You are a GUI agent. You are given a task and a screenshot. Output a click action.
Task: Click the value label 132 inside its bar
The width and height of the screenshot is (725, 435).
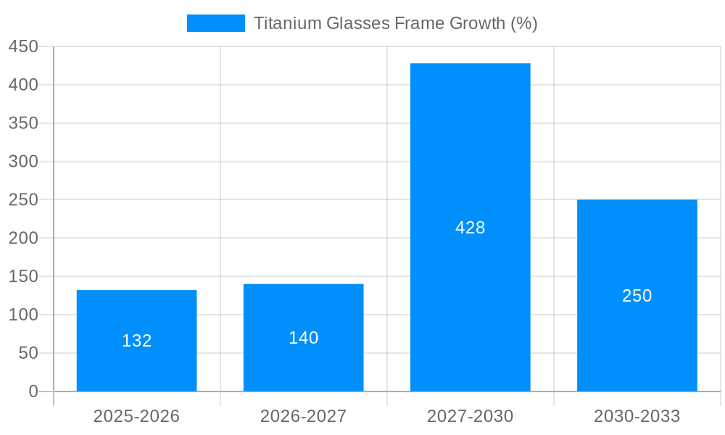136,341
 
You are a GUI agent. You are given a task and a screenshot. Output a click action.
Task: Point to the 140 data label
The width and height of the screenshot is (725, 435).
303,338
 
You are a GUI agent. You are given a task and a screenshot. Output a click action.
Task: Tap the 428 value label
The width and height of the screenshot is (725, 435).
470,228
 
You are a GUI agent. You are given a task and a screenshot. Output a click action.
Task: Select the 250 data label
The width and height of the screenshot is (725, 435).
637,296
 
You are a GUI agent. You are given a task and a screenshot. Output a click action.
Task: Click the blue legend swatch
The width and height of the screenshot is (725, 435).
215,23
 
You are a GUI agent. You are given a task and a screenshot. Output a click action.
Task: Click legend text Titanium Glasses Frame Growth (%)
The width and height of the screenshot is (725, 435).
395,23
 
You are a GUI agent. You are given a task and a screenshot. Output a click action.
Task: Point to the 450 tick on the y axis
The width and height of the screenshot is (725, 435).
23,46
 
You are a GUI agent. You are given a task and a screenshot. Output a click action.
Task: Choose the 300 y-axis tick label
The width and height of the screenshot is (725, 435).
23,162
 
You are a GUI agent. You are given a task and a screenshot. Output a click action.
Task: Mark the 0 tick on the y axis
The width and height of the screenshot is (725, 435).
33,391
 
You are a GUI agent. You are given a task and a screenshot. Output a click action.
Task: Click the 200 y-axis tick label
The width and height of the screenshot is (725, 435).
23,238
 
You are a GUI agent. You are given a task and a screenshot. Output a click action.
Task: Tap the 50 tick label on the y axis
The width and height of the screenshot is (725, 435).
28,353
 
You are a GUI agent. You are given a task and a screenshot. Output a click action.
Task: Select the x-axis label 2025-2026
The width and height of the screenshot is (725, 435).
136,416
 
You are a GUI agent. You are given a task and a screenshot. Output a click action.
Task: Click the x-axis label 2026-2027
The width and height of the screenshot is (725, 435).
303,416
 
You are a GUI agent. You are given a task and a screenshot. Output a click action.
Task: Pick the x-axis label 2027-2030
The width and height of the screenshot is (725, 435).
470,416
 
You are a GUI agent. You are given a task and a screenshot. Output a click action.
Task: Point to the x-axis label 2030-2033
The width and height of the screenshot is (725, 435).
637,416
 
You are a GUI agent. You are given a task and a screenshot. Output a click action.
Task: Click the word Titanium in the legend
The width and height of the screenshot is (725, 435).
287,23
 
